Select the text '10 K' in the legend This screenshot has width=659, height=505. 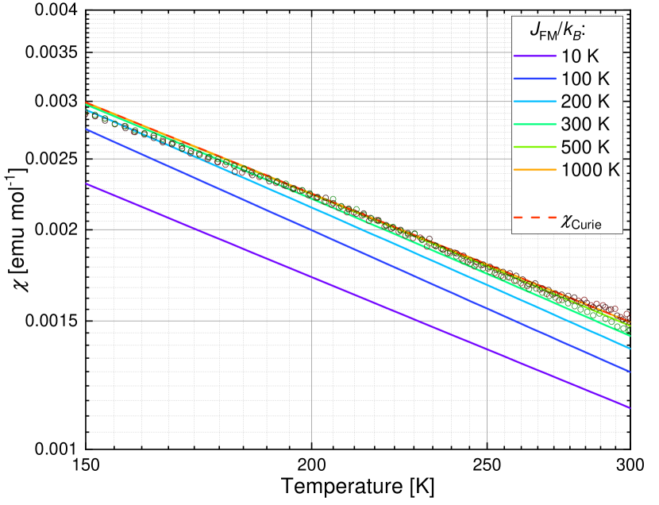click(x=580, y=56)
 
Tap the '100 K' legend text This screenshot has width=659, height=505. click(x=585, y=79)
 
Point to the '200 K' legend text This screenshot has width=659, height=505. click(x=585, y=102)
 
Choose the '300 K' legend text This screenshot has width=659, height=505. click(x=585, y=125)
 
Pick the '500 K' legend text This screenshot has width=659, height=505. click(x=585, y=147)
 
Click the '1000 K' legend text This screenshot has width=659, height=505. click(x=590, y=170)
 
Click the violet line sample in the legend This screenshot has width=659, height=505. click(x=534, y=56)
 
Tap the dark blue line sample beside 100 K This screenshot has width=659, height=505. click(x=534, y=79)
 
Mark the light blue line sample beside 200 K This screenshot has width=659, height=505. click(x=534, y=102)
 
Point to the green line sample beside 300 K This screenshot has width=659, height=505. click(x=534, y=125)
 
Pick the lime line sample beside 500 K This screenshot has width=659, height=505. click(x=534, y=147)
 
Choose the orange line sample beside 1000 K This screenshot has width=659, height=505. click(x=534, y=170)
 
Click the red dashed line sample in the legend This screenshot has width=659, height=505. click(x=534, y=217)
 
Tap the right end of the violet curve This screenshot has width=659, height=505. click(x=630, y=408)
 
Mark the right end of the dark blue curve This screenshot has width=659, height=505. click(x=630, y=371)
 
